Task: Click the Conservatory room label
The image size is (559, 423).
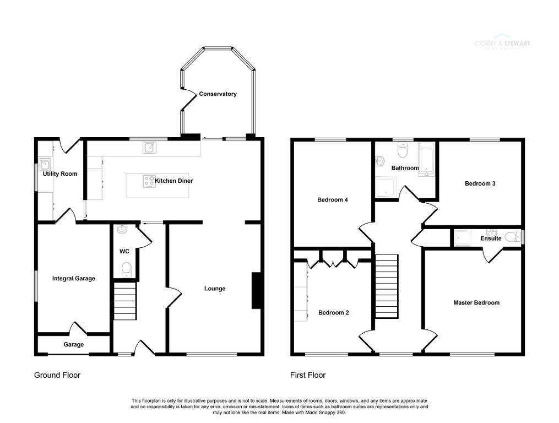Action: click(x=218, y=94)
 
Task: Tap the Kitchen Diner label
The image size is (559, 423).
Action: click(x=173, y=181)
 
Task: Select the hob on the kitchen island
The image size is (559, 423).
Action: click(x=149, y=181)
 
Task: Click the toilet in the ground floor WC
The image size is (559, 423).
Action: click(x=126, y=270)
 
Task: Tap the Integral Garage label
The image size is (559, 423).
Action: click(x=73, y=279)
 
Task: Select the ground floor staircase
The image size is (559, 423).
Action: click(x=124, y=301)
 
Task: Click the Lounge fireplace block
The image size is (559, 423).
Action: click(x=256, y=290)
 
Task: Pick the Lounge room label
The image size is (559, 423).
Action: click(x=214, y=289)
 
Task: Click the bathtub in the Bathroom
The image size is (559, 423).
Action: click(x=426, y=160)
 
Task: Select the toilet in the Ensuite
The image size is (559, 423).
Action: click(x=512, y=237)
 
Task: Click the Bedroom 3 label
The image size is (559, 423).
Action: click(x=480, y=184)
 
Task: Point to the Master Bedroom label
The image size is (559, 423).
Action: click(x=476, y=303)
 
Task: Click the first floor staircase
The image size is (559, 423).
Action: click(x=386, y=286)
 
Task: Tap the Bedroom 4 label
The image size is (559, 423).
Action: click(x=332, y=200)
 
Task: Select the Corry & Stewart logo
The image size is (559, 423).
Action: click(x=502, y=44)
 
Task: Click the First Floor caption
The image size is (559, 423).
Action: click(x=307, y=375)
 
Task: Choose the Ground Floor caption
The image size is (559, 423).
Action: click(x=57, y=375)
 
